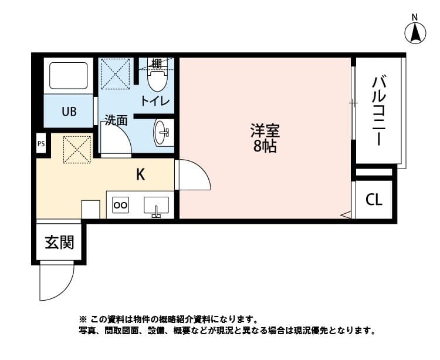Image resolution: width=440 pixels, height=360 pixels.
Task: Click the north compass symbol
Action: click(x=415, y=32)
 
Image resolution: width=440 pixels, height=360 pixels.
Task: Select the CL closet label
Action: click(x=374, y=200)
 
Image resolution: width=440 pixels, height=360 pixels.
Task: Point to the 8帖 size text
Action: click(x=265, y=147)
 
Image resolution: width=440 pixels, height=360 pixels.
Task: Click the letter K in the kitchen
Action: click(x=141, y=174)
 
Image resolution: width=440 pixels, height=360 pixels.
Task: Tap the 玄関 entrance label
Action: click(x=59, y=241)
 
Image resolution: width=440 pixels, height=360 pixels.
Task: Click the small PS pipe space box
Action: click(x=40, y=143)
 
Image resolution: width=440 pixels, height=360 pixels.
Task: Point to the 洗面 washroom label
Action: click(x=116, y=120)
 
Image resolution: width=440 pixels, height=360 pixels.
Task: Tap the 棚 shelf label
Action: click(x=157, y=63)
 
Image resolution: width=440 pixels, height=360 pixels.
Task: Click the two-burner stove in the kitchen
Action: click(x=120, y=205)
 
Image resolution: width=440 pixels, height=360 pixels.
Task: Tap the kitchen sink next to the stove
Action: click(x=156, y=206)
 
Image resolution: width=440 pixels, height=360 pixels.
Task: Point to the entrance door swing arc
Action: click(x=56, y=282)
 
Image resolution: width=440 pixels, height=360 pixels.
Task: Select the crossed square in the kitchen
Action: click(x=77, y=149)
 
